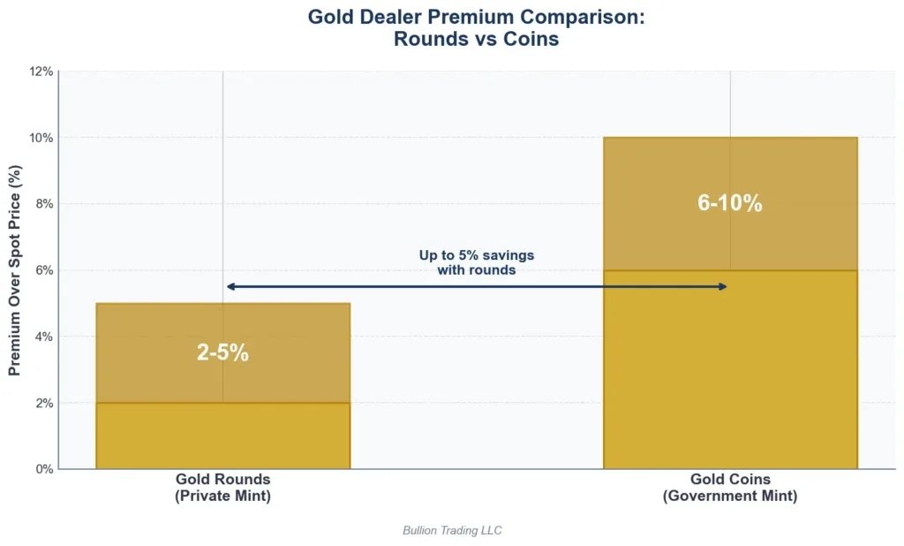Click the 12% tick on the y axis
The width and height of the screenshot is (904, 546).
41,72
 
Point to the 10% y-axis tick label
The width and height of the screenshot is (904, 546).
41,138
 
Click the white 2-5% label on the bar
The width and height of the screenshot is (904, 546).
222,353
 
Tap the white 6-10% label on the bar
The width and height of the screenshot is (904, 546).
730,202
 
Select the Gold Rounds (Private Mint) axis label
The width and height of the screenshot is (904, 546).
222,488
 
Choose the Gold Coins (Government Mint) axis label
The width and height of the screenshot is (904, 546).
730,488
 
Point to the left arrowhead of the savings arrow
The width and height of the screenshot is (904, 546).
230,286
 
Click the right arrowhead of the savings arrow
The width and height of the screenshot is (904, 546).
723,286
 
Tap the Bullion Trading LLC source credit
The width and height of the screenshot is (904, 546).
452,530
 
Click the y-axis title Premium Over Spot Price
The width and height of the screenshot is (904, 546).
15,270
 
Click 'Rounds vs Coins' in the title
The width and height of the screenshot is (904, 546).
477,40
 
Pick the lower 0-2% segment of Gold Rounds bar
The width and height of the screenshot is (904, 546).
222,436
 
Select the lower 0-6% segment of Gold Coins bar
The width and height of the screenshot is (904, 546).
730,369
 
